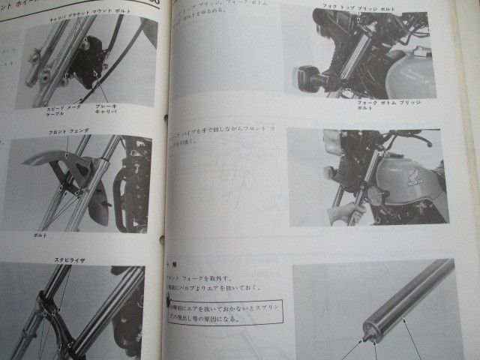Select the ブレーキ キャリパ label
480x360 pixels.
[106, 111]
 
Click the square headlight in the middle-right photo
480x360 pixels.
[332, 141]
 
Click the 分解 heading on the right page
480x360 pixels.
[172, 264]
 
